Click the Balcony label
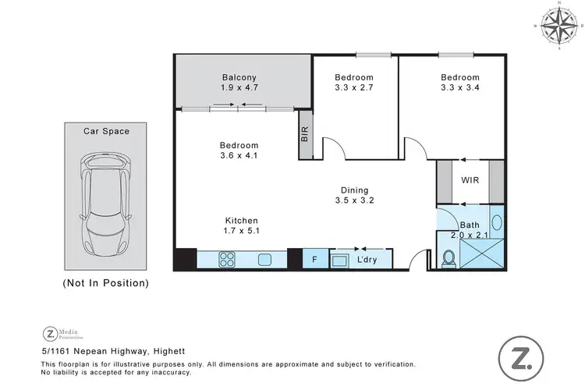(x=239, y=77)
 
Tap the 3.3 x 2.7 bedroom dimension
(x=354, y=88)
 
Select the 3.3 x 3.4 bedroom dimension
(x=459, y=88)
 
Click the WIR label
(x=470, y=180)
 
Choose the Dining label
(x=354, y=190)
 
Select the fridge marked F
(x=314, y=259)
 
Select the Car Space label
(x=107, y=131)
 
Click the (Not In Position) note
(x=105, y=283)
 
